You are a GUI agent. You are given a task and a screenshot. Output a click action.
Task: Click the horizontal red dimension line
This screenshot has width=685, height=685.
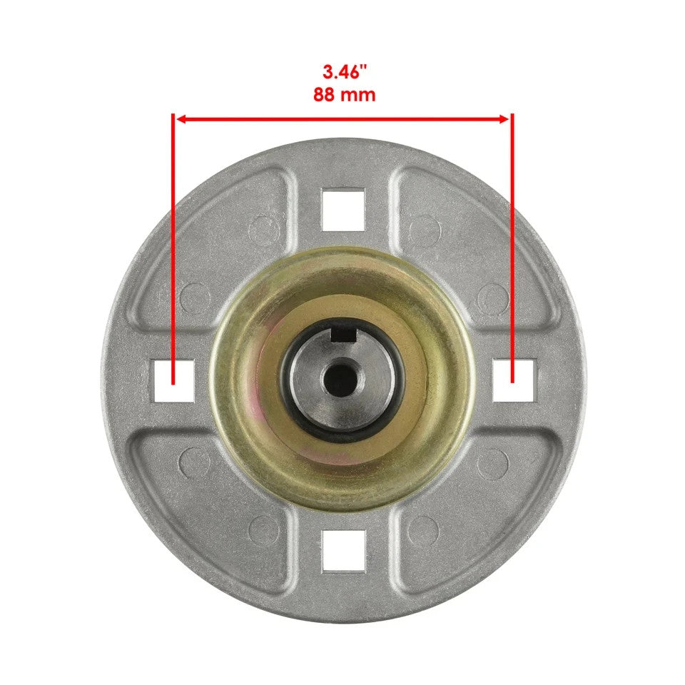(x=342, y=119)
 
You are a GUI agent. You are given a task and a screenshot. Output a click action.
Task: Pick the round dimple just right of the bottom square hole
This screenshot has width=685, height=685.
(x=422, y=529)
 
